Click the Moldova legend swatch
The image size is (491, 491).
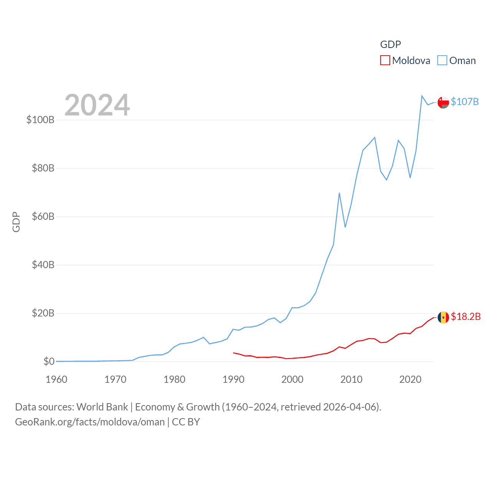coord(385,61)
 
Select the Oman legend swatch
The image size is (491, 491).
coord(442,61)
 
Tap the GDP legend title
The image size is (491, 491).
coord(390,44)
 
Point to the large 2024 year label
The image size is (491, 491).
coord(97,105)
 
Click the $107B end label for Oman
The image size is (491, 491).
coord(465,102)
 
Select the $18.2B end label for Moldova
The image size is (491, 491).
coord(465,316)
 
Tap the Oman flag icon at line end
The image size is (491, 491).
coord(443,102)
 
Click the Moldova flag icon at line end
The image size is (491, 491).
coord(443,317)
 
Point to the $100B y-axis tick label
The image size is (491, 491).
coord(40,120)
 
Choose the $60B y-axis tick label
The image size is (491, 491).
coord(43,216)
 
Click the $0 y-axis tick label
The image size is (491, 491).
coord(49,361)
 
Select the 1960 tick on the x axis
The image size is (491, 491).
coord(56,379)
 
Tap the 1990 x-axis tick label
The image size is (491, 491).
coord(233,379)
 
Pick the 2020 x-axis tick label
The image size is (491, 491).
coord(410,379)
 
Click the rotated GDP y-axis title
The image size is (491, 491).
coord(16,222)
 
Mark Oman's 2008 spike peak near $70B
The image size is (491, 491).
coord(339,193)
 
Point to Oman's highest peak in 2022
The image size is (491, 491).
coord(422,96)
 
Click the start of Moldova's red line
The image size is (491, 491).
coord(233,353)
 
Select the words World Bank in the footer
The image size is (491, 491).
coord(102,407)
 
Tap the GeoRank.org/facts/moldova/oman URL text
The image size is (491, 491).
coord(90,422)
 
